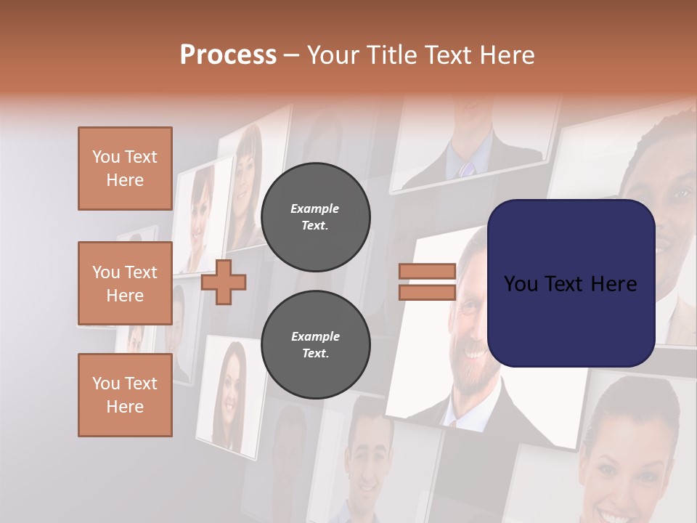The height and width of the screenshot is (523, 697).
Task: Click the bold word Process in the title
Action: (x=228, y=55)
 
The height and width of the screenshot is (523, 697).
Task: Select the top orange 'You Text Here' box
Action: (x=125, y=169)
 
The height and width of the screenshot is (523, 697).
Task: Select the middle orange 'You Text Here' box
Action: (x=125, y=283)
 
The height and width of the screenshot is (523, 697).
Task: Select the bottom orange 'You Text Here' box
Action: (x=125, y=395)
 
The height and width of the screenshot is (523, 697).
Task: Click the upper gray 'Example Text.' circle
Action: (x=315, y=216)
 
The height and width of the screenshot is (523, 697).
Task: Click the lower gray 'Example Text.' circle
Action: (x=315, y=344)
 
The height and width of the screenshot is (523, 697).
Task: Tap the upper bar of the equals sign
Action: (x=427, y=272)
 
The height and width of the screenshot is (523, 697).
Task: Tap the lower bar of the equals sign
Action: (x=427, y=292)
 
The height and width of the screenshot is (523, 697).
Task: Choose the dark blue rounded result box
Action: (x=571, y=283)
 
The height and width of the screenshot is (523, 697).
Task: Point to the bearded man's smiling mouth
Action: (x=476, y=354)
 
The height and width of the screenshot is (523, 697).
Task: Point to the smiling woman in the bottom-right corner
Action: (x=624, y=458)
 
